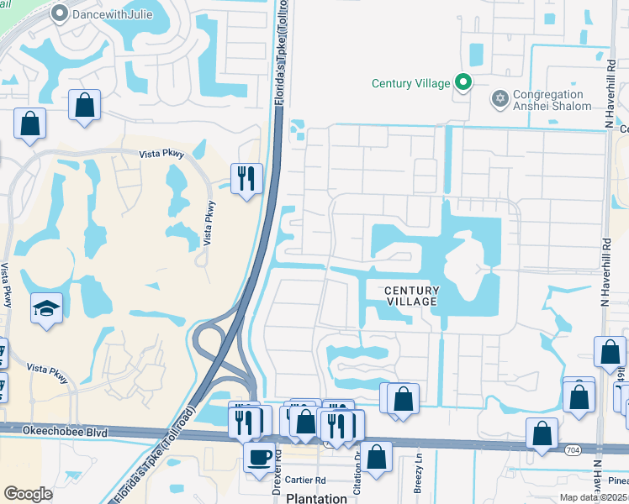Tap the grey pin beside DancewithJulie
point(59,13)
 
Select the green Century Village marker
point(462,82)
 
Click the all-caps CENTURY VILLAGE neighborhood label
point(411,296)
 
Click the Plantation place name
point(316,497)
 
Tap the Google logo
point(28,494)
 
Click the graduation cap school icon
point(46,307)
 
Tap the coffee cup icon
point(259,456)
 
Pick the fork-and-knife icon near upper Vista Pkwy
point(246,178)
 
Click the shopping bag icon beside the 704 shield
point(542,433)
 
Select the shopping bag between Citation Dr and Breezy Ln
point(378,458)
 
